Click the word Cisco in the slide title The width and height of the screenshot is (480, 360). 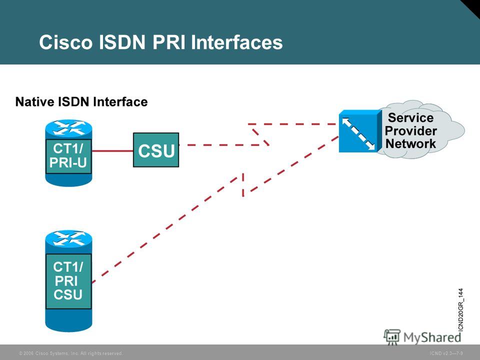click(x=65, y=42)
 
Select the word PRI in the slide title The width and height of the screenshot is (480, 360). click(x=168, y=42)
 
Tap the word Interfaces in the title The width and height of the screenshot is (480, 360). click(x=236, y=42)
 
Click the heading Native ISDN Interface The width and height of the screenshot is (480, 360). click(x=81, y=101)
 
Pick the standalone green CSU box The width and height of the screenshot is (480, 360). click(x=156, y=150)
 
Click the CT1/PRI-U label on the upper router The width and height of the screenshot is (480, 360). click(x=68, y=156)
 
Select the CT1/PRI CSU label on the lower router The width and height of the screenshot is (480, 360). click(x=68, y=281)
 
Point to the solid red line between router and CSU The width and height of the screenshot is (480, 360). click(x=112, y=151)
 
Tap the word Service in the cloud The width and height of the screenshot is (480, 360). click(x=411, y=118)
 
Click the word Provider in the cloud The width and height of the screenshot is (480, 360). click(x=411, y=130)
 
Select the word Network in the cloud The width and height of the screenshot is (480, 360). click(x=411, y=143)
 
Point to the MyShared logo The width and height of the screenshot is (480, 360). click(x=422, y=337)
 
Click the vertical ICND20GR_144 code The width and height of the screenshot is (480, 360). click(x=461, y=310)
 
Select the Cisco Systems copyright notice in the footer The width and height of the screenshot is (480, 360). click(x=70, y=353)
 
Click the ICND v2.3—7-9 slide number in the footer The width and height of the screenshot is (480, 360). click(x=446, y=353)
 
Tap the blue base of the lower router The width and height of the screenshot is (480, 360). click(x=68, y=320)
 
